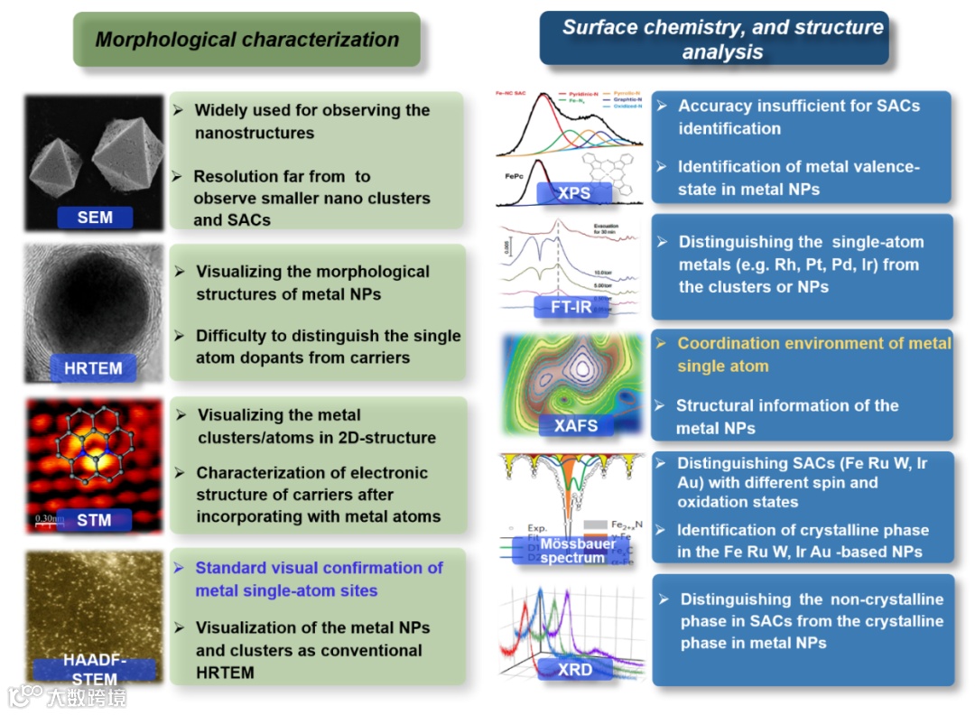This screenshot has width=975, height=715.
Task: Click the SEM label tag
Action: (x=95, y=218)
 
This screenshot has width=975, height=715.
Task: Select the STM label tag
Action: (x=94, y=520)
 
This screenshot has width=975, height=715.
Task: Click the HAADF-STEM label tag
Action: (x=95, y=670)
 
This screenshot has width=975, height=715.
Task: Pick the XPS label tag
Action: (x=574, y=192)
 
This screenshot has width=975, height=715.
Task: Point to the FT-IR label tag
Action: (x=571, y=307)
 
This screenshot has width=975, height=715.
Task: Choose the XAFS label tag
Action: (x=576, y=424)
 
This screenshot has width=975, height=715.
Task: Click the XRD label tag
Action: (x=575, y=669)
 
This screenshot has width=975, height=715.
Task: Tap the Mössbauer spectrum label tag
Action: (x=572, y=550)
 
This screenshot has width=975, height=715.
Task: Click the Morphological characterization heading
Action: (x=246, y=40)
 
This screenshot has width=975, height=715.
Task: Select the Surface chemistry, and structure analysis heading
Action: (x=722, y=39)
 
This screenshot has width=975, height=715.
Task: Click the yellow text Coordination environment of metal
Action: (x=813, y=343)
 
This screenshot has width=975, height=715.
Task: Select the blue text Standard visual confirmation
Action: (x=319, y=568)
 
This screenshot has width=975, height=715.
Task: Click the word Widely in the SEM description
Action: (x=222, y=110)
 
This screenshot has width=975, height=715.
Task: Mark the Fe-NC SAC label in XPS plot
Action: (x=512, y=93)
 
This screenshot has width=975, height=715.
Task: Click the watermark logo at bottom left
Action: (x=27, y=696)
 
